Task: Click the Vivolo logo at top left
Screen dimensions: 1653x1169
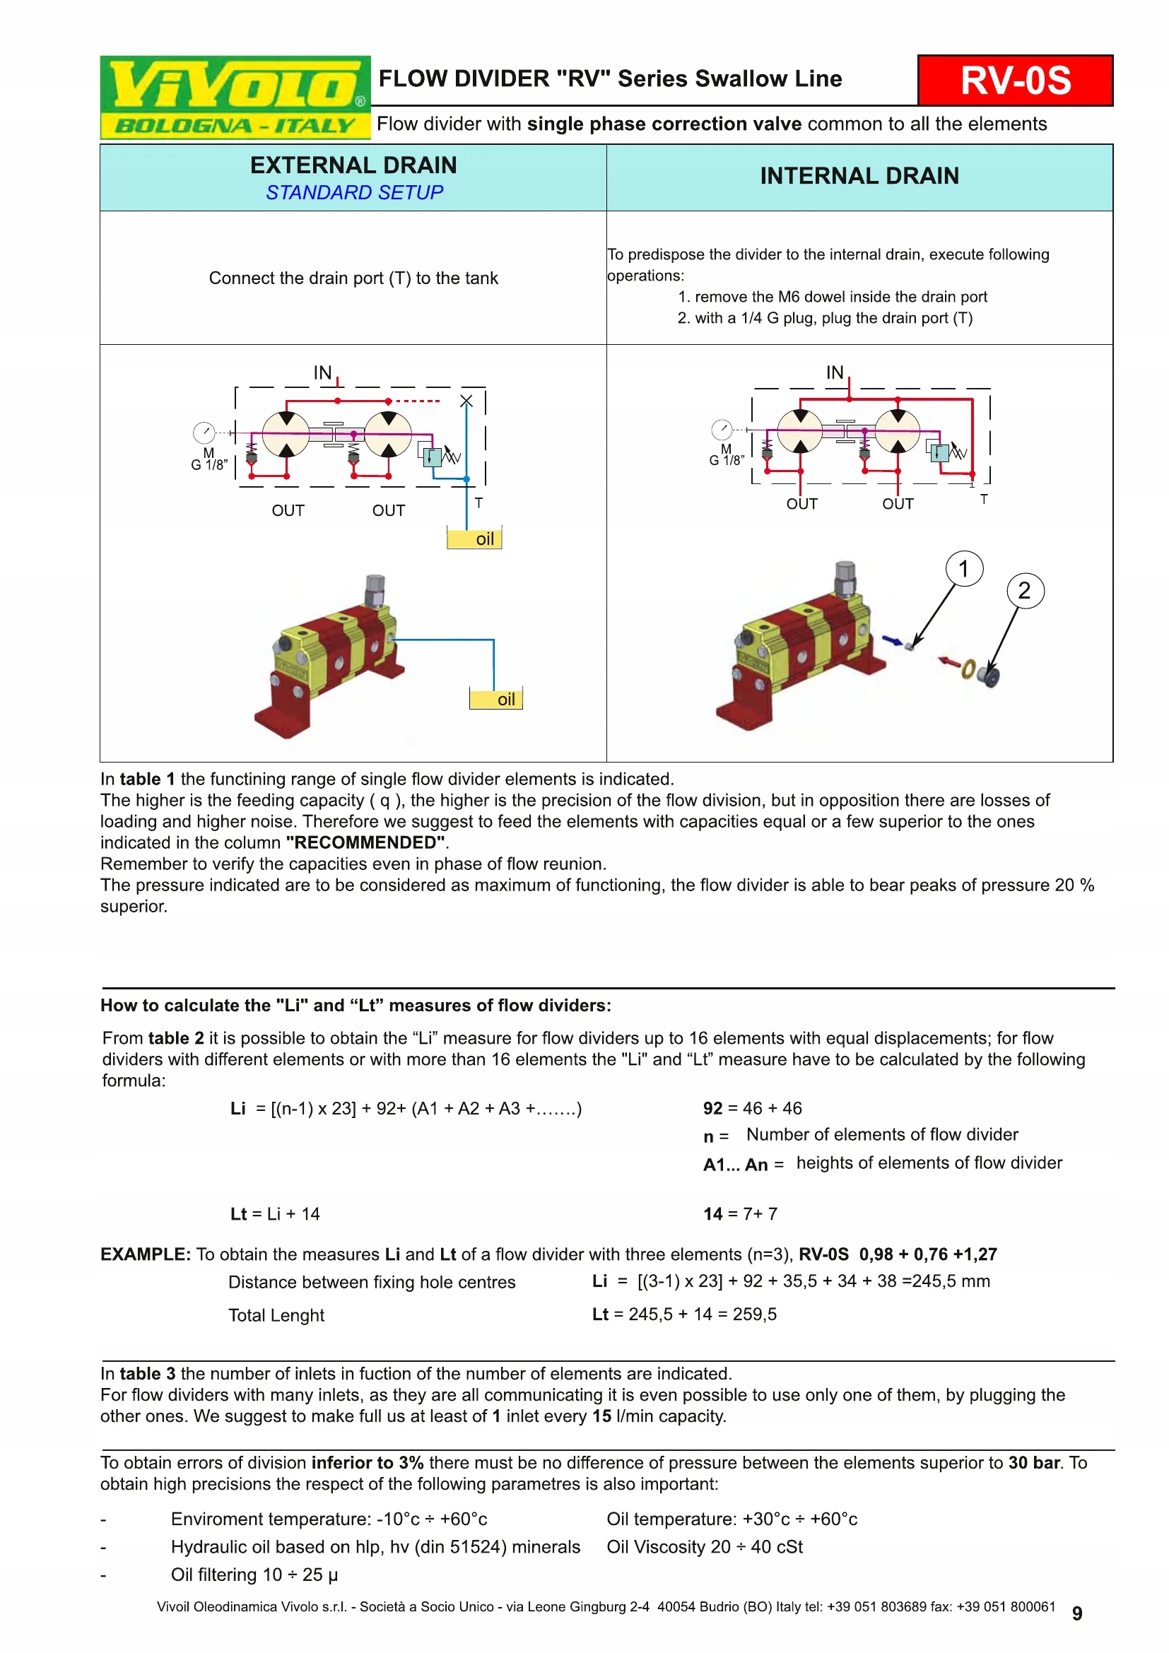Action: pos(235,98)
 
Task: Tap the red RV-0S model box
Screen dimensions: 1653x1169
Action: pos(1015,81)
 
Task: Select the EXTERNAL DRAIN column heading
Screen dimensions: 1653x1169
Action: pos(353,165)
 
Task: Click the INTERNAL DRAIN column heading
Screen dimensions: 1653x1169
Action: pos(859,177)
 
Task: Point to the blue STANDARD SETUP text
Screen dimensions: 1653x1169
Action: pos(354,193)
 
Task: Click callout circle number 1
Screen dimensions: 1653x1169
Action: pos(964,570)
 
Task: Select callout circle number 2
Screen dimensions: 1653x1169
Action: pos(1024,591)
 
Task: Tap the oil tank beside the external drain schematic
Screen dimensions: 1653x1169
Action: pos(474,539)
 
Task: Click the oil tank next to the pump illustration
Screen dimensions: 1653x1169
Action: pos(496,698)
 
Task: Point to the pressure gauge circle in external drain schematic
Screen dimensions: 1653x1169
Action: pos(204,433)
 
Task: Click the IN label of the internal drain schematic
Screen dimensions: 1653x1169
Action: pos(834,372)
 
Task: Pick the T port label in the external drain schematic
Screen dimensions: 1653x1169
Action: pos(478,503)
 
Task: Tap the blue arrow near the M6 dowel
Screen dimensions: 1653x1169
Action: pos(892,640)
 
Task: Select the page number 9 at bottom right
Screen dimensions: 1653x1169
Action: pos(1077,1613)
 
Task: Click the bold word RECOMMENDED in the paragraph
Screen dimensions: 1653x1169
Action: pos(365,843)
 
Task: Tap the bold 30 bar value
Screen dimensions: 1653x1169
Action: pos(1035,1463)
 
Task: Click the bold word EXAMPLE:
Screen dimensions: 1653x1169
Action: pos(146,1254)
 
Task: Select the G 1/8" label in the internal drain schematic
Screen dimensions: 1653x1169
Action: pos(727,460)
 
